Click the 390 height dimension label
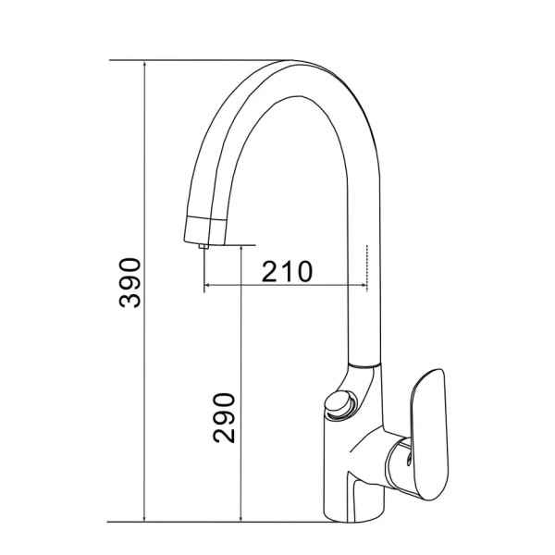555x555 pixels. tap(129, 283)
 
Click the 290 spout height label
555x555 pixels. tap(224, 418)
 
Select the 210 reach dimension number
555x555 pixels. tap(287, 271)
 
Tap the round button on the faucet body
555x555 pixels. tap(339, 404)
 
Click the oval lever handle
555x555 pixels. tap(429, 435)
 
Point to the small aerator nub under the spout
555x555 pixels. tap(203, 246)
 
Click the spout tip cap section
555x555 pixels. tap(205, 230)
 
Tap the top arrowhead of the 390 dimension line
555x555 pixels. tap(144, 65)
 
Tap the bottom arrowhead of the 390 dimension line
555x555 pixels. tap(144, 517)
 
